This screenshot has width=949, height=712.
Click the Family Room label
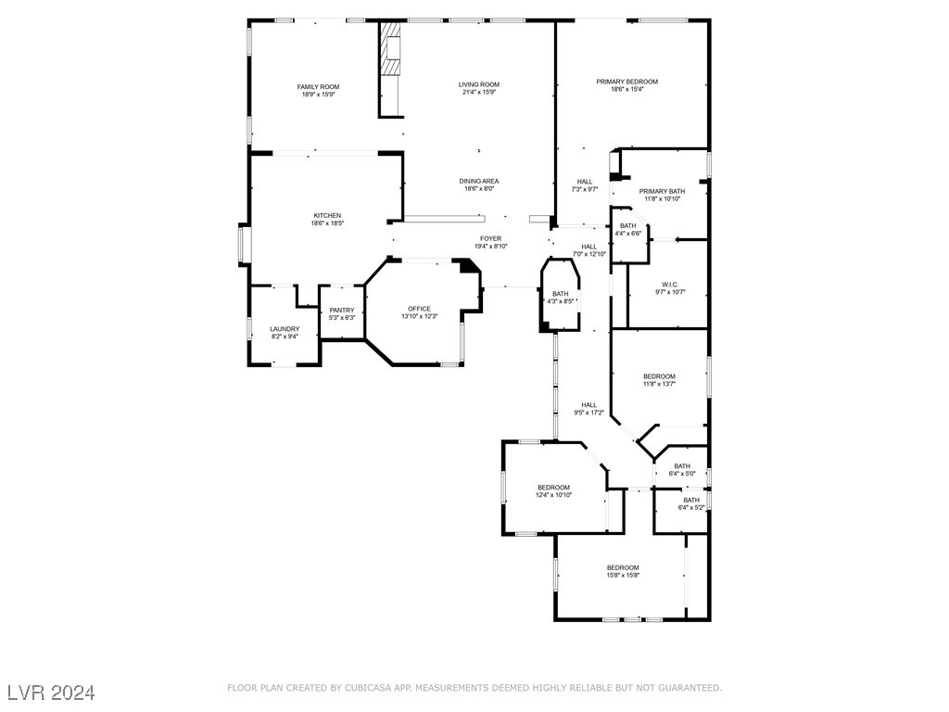click(318, 87)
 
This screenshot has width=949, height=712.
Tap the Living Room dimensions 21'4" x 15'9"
click(479, 93)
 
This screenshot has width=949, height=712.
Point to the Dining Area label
click(479, 181)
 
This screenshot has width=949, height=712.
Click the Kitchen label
click(326, 215)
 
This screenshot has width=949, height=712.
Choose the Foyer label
click(490, 238)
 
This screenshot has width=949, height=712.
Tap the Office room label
click(419, 309)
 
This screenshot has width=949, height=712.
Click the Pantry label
click(342, 310)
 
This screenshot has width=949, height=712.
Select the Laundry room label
click(285, 328)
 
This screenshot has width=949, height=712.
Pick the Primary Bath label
click(662, 191)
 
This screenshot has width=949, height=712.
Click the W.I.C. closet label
click(671, 284)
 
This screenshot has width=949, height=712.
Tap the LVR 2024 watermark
click(52, 693)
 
